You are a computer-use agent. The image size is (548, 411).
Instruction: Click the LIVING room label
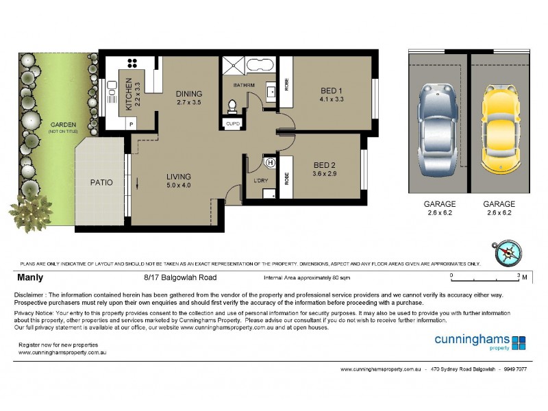(178, 177)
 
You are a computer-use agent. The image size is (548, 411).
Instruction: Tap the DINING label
(188, 95)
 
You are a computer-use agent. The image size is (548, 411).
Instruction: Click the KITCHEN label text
(128, 96)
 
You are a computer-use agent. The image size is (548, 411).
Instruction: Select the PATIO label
(101, 183)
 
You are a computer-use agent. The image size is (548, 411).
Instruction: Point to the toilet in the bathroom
(233, 106)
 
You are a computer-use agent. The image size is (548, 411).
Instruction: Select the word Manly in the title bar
(30, 278)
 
